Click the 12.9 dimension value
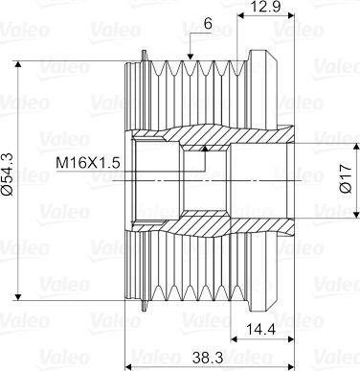point(265,7)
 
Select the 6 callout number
point(208,24)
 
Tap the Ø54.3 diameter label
point(8,174)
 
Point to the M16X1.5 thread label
point(88,163)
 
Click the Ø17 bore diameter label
point(347,179)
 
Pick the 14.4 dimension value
point(262,329)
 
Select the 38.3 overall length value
point(208,358)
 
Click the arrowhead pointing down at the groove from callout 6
point(191,57)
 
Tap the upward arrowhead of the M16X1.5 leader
point(206,149)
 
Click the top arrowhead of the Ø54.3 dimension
point(18,64)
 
